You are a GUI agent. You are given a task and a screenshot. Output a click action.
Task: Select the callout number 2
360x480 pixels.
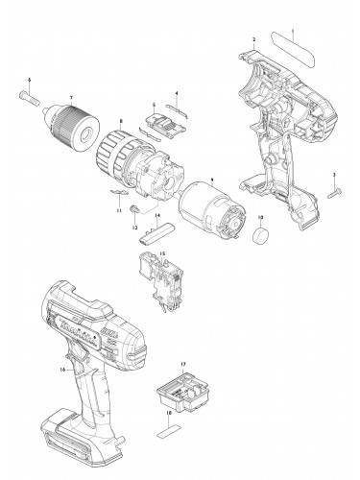(252, 39)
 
